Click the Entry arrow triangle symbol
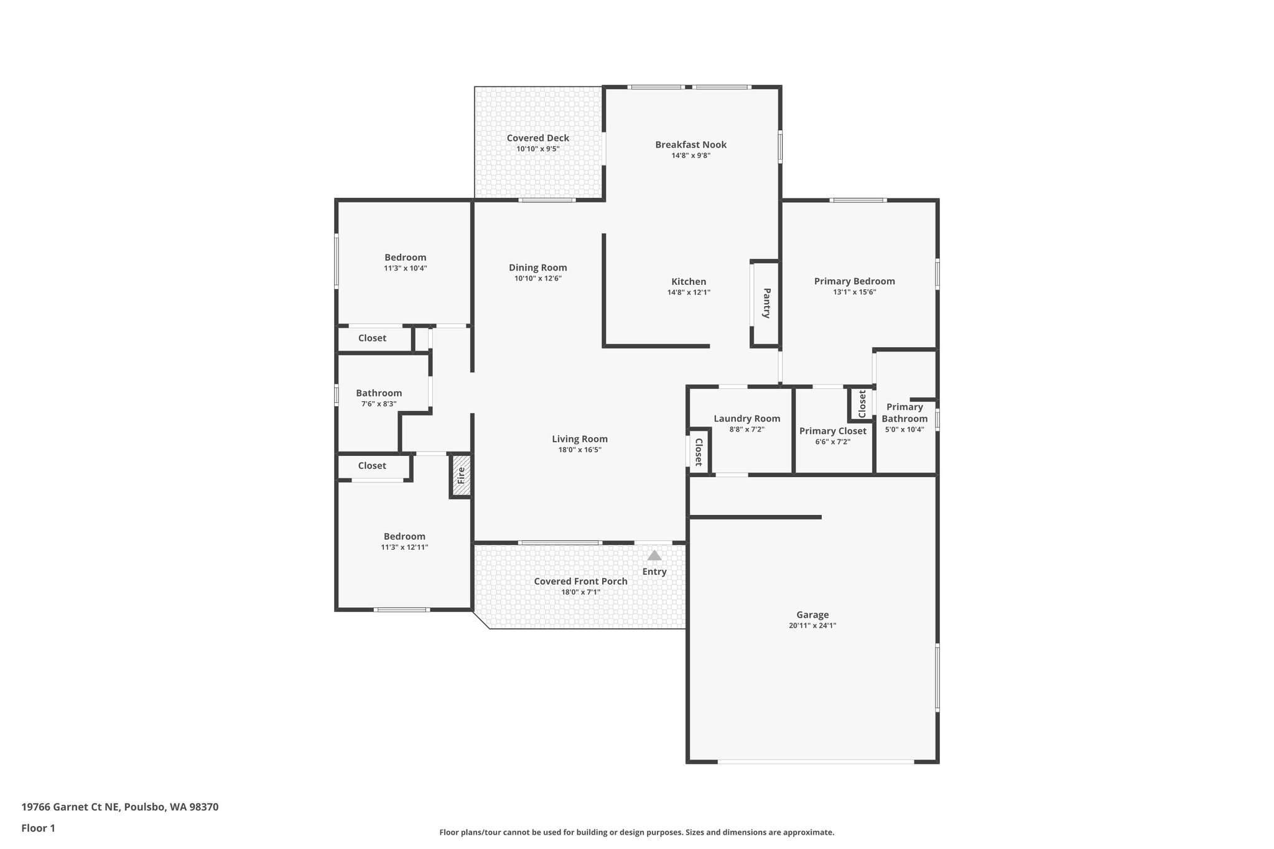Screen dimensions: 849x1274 click(x=654, y=555)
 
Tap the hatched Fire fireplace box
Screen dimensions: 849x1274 click(x=461, y=476)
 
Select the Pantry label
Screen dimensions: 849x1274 click(x=766, y=303)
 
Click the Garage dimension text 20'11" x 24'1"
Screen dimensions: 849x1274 click(x=812, y=626)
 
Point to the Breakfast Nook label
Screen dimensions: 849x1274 click(x=690, y=144)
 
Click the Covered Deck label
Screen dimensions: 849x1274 click(x=537, y=138)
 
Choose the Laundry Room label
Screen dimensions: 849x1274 click(x=746, y=419)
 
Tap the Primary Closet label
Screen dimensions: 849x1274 click(x=832, y=431)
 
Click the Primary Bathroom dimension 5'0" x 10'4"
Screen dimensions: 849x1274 click(x=904, y=429)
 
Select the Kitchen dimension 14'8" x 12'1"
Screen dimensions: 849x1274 click(x=689, y=292)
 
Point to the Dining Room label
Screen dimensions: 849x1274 click(x=537, y=267)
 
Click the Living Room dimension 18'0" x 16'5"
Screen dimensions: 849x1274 click(x=580, y=450)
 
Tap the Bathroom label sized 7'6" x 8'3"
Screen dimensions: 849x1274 click(x=379, y=393)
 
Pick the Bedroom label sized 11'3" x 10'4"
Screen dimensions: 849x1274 click(x=405, y=257)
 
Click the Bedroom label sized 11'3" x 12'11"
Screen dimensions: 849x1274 click(x=404, y=536)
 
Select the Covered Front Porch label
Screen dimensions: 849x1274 click(x=580, y=581)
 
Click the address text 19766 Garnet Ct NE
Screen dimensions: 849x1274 click(x=70, y=807)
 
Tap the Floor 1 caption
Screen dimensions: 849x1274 click(x=38, y=828)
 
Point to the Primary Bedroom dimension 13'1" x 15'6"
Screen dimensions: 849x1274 click(x=854, y=292)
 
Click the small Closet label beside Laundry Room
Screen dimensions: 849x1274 click(x=698, y=452)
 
